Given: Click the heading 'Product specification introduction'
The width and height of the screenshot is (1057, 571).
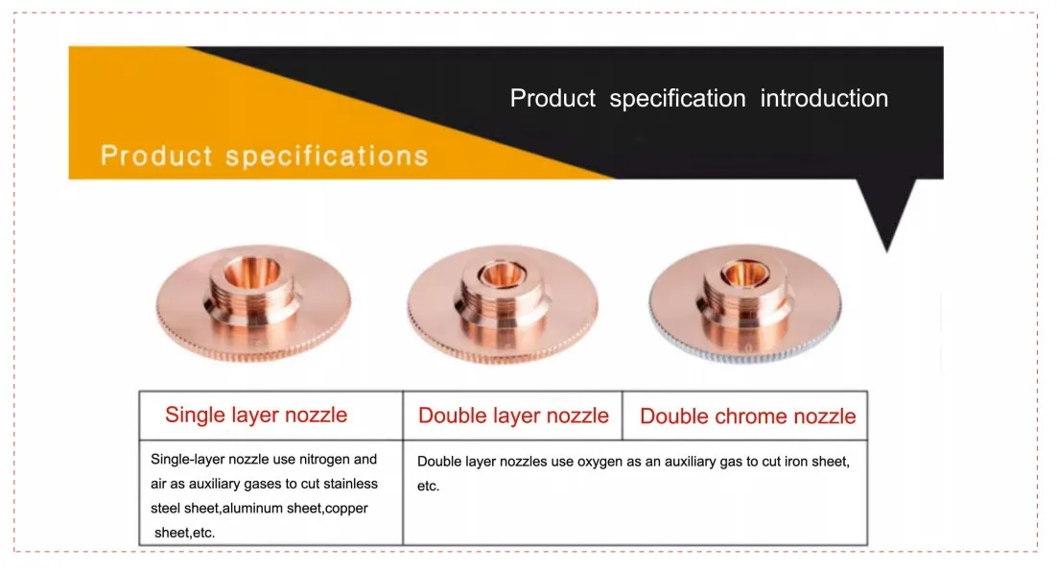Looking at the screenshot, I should pos(698,99).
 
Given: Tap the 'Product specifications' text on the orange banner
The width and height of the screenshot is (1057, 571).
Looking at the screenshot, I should pos(264,155).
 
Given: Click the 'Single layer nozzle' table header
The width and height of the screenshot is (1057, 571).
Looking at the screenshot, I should pos(256,416).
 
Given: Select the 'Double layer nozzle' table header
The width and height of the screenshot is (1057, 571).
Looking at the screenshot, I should pos(513,416).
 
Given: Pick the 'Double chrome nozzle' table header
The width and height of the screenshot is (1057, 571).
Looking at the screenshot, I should pos(747,416).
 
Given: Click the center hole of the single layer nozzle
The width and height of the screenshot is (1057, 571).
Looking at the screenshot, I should pos(252,269).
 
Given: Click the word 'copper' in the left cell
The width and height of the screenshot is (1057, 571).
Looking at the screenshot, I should pos(346,509).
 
